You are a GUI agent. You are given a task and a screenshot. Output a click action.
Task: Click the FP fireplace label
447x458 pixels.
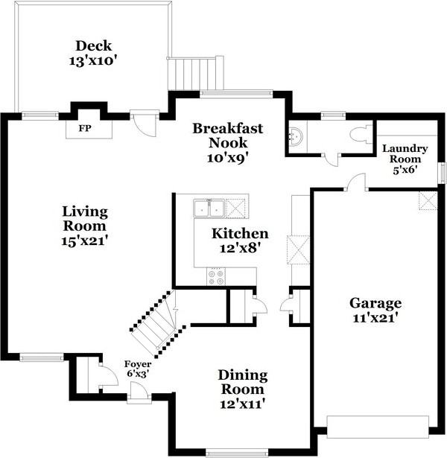click(x=85, y=128)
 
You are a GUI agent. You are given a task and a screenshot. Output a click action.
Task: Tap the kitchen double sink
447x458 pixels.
click(x=209, y=209)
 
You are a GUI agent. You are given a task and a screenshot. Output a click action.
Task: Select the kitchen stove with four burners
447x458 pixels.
click(x=216, y=276)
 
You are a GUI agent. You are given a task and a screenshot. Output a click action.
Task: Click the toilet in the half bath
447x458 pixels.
click(x=361, y=135)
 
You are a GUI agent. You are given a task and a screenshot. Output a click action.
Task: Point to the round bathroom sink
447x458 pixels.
click(x=295, y=136)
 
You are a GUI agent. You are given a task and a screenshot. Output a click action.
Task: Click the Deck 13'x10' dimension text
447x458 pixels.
click(x=93, y=61)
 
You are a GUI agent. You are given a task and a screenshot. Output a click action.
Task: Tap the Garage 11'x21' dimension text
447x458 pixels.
click(x=375, y=318)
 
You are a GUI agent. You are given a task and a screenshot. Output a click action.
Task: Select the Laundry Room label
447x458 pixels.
click(x=405, y=153)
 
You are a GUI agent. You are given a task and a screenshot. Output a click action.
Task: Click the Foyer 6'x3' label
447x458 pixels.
click(x=138, y=369)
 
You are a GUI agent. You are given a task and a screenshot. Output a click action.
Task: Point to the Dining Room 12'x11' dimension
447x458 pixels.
click(x=243, y=404)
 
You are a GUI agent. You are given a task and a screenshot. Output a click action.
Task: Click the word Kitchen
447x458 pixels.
click(x=240, y=234)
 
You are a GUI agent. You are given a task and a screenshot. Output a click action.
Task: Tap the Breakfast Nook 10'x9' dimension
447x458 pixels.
click(x=228, y=158)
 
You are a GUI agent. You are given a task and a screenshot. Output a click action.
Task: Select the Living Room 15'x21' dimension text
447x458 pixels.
click(x=85, y=241)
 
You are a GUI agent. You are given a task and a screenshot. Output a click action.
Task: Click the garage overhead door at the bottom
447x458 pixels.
click(x=378, y=427)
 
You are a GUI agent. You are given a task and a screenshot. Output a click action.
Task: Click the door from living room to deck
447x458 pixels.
click(x=145, y=122)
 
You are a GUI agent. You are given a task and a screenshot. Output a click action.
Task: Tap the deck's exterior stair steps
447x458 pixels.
click(x=193, y=74)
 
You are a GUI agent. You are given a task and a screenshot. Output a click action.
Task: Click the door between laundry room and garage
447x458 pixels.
click(x=356, y=182)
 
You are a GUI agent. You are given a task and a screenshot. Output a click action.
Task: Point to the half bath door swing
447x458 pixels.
click(x=332, y=159)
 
